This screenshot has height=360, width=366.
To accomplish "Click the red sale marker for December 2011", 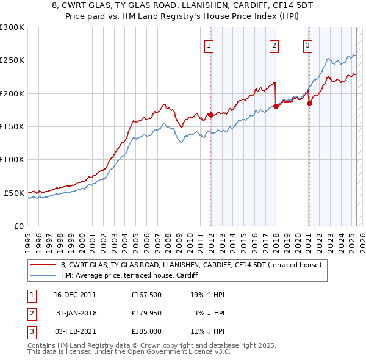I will [210, 114].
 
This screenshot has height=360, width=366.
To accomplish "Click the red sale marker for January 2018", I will [276, 106].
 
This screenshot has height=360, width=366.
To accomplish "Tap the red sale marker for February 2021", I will [309, 103].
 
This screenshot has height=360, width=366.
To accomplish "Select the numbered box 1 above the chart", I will [209, 45].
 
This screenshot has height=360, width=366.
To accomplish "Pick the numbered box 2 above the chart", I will [274, 45].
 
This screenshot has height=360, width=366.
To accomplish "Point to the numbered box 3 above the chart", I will [307, 45].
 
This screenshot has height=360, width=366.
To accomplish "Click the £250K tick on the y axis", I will [12, 60].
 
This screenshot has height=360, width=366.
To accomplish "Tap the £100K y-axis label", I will [12, 159].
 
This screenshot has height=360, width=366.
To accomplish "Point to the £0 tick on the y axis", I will [18, 226].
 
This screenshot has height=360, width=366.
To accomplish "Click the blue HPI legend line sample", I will [43, 275].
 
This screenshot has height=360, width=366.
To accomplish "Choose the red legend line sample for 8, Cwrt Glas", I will [43, 265].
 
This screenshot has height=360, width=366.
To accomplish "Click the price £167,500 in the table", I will [146, 295].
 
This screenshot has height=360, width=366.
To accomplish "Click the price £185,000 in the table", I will [146, 333].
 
